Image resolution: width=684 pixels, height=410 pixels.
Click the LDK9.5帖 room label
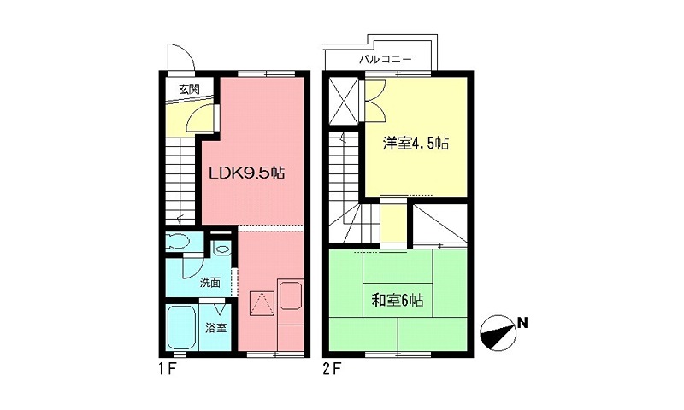247,173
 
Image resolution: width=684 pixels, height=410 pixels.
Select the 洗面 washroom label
210,282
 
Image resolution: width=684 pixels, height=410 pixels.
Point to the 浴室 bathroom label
216,327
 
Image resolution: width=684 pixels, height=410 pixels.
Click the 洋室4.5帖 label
416,143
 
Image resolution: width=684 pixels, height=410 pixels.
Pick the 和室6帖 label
398,300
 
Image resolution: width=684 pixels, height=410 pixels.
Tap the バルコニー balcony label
386,61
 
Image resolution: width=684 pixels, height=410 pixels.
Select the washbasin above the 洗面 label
221,249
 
